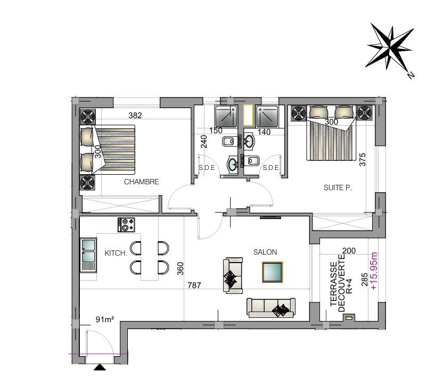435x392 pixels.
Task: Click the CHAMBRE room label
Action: coord(141,182)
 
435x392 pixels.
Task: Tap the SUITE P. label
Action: coord(338,188)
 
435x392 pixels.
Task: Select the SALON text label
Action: coord(265,252)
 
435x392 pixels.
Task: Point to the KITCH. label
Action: coord(116,253)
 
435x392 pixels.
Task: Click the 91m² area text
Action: coord(105,320)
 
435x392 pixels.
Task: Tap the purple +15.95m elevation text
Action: coord(374,271)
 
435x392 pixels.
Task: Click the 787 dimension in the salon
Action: coord(194,285)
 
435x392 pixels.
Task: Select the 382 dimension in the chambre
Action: coord(135,115)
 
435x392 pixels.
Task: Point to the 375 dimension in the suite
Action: coord(362,160)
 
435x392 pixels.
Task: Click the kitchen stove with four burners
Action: coord(126,225)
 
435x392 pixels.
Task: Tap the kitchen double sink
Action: coord(88,255)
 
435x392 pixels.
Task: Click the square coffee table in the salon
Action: coord(273,272)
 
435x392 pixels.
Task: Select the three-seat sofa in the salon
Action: coord(271,308)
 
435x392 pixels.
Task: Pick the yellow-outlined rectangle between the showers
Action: coord(248,115)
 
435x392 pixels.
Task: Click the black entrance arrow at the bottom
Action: coord(100,367)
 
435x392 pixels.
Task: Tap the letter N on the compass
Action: coord(411,75)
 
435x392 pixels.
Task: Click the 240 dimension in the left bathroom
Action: coord(204,142)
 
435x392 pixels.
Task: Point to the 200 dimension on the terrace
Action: coord(349,251)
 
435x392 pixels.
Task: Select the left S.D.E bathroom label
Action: coord(207,168)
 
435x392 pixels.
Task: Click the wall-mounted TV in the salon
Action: coord(270,218)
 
